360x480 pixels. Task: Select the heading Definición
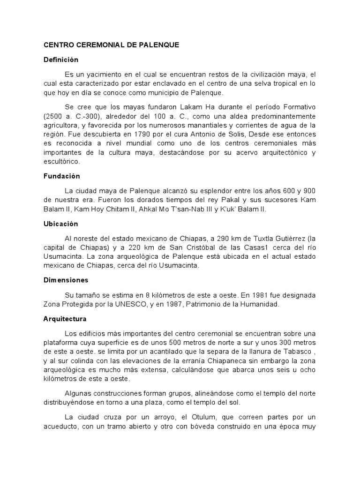61,60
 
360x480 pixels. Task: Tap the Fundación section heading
62,176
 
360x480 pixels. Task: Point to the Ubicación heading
60,224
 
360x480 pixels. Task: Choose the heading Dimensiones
66,280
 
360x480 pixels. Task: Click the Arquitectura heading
65,319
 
